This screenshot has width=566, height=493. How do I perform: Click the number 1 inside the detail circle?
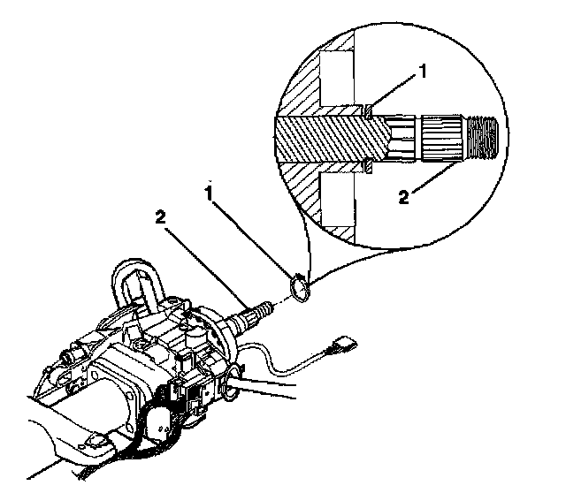tap(423, 72)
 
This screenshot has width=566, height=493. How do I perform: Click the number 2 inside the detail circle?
tap(404, 197)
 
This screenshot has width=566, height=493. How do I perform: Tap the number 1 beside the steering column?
tap(209, 193)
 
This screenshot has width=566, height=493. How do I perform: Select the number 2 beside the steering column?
tap(161, 217)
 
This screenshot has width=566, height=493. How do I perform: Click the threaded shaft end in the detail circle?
tap(482, 138)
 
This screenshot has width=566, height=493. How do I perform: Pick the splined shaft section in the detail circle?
tap(442, 138)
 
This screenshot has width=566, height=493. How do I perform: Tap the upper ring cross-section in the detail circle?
tap(369, 111)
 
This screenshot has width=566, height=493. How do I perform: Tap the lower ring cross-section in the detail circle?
tap(368, 166)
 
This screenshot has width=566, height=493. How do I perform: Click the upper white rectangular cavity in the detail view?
tap(337, 79)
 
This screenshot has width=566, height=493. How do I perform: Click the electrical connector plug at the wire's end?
tap(343, 345)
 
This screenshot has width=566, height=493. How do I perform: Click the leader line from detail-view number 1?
tap(394, 92)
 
